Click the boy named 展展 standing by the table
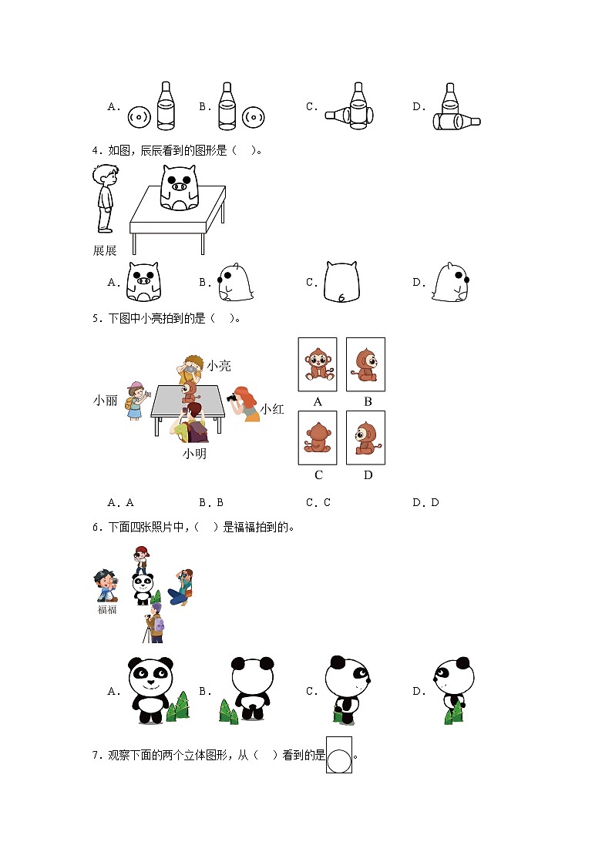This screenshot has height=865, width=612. click(x=104, y=198)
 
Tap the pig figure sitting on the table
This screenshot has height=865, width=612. click(x=178, y=187)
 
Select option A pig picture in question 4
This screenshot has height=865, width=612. click(x=143, y=282)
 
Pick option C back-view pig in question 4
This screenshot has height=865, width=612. click(x=341, y=283)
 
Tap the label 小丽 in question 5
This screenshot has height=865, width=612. click(x=105, y=400)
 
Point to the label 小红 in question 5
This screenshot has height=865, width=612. click(x=271, y=409)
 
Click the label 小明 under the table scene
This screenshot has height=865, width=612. click(x=194, y=454)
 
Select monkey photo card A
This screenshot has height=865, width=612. click(x=318, y=365)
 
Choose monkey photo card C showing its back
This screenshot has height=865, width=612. click(x=318, y=438)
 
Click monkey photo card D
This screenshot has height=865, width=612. click(x=365, y=438)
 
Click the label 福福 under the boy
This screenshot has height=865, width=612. click(x=106, y=609)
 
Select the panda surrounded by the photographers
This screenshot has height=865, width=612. click(x=142, y=588)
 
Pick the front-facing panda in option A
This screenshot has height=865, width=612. click(x=150, y=689)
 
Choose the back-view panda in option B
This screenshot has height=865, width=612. click(x=252, y=688)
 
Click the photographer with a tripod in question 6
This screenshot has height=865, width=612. click(x=153, y=623)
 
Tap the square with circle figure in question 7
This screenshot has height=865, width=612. click(x=339, y=755)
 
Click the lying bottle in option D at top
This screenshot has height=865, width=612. click(x=456, y=121)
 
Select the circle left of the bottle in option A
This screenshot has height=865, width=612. click(x=138, y=118)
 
